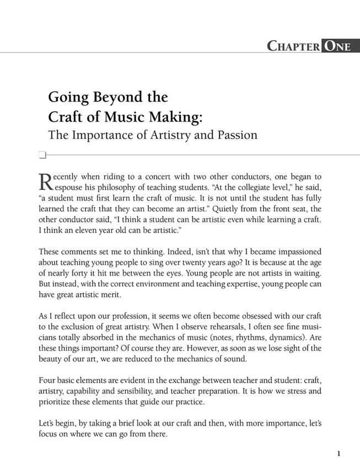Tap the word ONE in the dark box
point(337,46)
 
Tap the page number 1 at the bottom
point(338,453)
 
